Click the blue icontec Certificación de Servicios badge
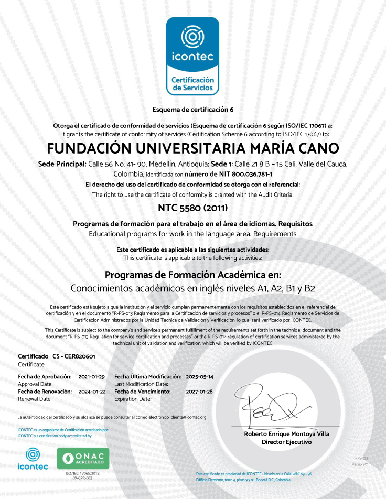pyautogui.click(x=192, y=56)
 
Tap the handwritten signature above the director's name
pyautogui.click(x=275, y=408)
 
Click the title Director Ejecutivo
pyautogui.click(x=286, y=442)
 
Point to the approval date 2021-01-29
pyautogui.click(x=92, y=377)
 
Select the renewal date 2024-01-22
pyautogui.click(x=92, y=392)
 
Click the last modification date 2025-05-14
pyautogui.click(x=200, y=377)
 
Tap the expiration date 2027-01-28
pyautogui.click(x=200, y=392)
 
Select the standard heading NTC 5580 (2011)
pyautogui.click(x=192, y=208)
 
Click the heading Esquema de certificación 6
pyautogui.click(x=192, y=110)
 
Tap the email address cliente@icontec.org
pyautogui.click(x=187, y=417)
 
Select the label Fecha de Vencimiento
pyautogui.click(x=142, y=392)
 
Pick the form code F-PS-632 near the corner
pyautogui.click(x=360, y=458)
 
